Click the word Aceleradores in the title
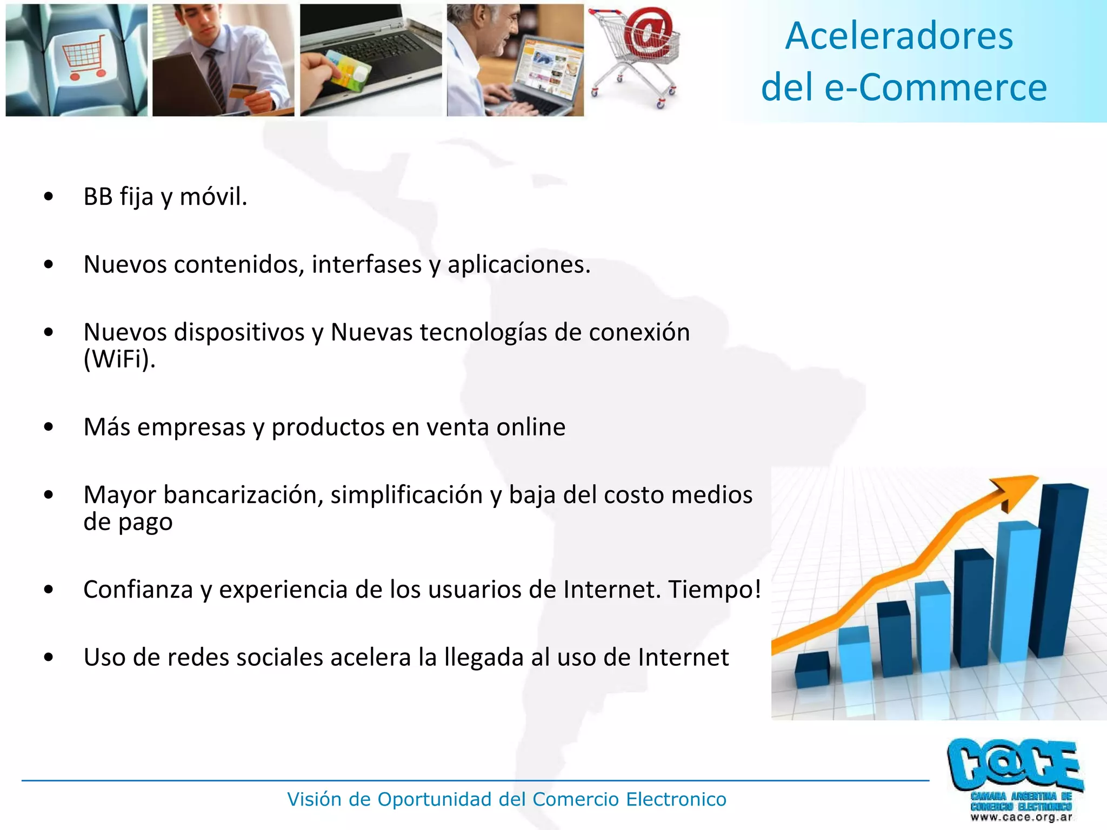[x=899, y=36]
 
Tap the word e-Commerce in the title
[x=936, y=88]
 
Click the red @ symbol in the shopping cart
[x=649, y=34]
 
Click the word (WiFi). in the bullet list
[x=119, y=358]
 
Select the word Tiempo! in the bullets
[x=715, y=590]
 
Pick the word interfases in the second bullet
[x=366, y=265]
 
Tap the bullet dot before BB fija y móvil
[x=49, y=197]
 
